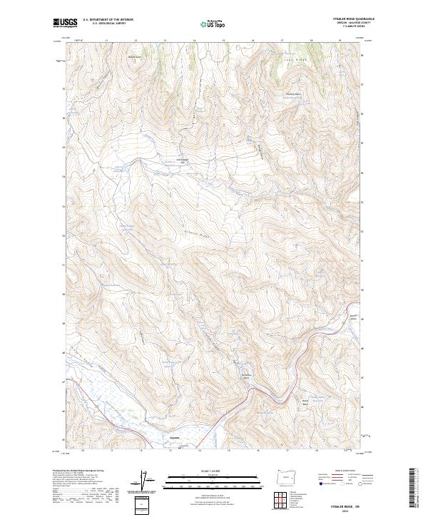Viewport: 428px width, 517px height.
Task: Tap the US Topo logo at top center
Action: click(x=210, y=24)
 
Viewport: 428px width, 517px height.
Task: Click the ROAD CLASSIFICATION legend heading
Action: click(x=342, y=471)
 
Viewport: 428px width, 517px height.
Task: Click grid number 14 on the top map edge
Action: click(x=194, y=41)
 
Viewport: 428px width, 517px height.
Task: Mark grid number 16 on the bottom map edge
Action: click(x=253, y=450)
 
